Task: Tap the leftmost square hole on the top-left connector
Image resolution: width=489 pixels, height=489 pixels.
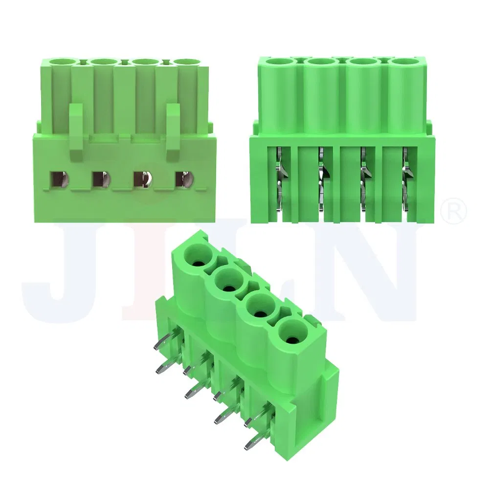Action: click(x=59, y=179)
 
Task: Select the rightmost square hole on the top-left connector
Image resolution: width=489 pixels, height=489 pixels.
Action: click(x=184, y=179)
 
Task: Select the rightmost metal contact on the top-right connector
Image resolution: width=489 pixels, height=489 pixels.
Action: click(x=405, y=181)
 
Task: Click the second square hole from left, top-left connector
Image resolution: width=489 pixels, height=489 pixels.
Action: click(x=101, y=179)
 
